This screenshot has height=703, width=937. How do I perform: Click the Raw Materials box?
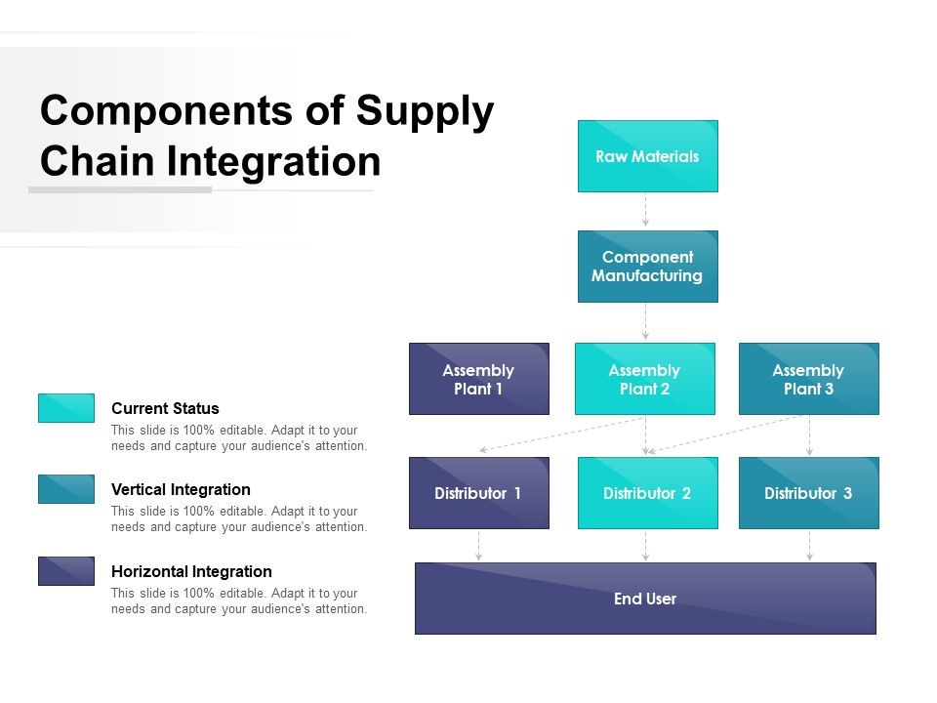tap(647, 156)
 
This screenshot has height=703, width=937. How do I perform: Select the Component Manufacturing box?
tap(647, 267)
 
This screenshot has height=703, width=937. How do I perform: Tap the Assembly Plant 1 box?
tap(478, 379)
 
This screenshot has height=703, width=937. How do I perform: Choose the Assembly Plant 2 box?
tap(644, 379)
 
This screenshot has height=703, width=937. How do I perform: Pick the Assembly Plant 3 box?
tap(808, 379)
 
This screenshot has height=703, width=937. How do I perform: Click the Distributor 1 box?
tap(478, 493)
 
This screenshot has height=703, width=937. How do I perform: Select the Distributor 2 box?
tap(647, 493)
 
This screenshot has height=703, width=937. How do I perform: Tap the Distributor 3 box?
tap(808, 493)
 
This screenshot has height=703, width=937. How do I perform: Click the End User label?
tap(645, 599)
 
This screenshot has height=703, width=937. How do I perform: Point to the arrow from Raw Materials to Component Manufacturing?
tap(645, 211)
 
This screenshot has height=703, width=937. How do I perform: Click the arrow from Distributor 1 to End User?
tap(478, 546)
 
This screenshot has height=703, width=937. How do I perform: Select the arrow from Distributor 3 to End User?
tap(809, 546)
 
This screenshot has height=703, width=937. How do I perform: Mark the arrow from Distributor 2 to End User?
tap(645, 546)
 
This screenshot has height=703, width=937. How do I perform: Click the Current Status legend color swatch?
tap(66, 408)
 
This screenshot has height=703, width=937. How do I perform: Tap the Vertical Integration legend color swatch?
tap(66, 489)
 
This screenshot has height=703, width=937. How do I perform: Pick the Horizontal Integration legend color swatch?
tap(66, 571)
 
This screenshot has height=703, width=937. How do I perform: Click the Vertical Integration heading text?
tap(181, 489)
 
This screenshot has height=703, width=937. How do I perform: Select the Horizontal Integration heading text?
tap(191, 571)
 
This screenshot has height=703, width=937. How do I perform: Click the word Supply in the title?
tap(425, 112)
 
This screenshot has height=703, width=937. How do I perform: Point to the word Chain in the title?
tap(98, 161)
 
